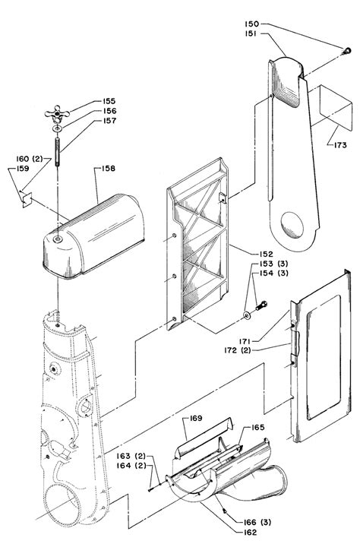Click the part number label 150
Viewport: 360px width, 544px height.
tap(252, 24)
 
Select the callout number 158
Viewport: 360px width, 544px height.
tap(108, 169)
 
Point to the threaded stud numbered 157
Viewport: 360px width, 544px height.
tap(58, 152)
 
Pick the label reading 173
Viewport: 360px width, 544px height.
tap(340, 145)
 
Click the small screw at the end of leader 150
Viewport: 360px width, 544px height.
tap(346, 52)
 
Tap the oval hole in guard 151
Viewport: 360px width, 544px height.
tap(292, 225)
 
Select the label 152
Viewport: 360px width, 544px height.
tap(266, 255)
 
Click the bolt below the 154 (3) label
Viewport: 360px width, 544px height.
tap(261, 305)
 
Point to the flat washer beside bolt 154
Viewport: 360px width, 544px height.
tap(247, 315)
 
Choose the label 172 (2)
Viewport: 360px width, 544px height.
tap(237, 350)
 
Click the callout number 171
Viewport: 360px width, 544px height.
tap(244, 341)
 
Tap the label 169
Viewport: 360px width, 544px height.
tap(196, 418)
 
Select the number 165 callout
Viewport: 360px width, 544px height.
tap(257, 428)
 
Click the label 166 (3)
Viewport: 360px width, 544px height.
tap(257, 522)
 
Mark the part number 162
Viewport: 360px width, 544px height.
tap(250, 532)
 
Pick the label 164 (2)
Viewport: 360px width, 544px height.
tap(131, 466)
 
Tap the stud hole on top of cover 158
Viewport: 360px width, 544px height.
tap(58, 239)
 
